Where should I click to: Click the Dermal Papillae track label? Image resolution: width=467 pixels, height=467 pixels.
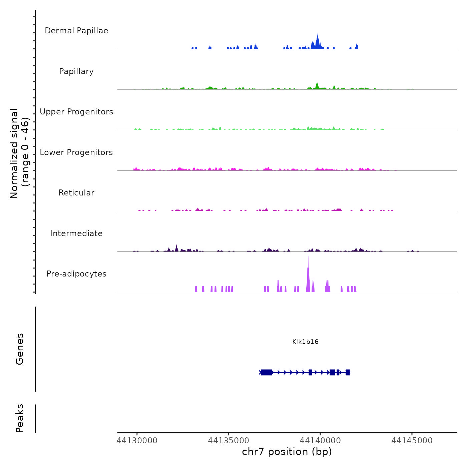click(76, 31)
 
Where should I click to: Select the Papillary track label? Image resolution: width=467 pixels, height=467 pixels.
click(76, 71)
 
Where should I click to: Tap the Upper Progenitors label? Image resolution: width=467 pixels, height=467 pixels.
click(76, 112)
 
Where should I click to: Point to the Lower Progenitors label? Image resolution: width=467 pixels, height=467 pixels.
click(76, 152)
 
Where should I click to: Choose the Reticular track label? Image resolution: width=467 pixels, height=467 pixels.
click(76, 193)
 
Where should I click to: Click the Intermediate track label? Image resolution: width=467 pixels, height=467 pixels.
click(76, 233)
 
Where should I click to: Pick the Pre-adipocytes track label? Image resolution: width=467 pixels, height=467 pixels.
click(76, 274)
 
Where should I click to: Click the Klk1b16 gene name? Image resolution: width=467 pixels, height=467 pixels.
click(305, 342)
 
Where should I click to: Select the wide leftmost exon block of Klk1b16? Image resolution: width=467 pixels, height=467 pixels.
click(267, 372)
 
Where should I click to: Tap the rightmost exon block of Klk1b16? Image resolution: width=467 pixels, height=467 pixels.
click(348, 372)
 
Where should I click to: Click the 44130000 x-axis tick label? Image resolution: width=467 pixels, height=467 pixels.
click(137, 441)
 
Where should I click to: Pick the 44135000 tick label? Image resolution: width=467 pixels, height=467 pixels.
click(228, 441)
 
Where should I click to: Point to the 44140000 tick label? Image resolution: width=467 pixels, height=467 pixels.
click(320, 441)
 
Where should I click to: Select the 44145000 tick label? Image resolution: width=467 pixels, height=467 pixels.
click(412, 441)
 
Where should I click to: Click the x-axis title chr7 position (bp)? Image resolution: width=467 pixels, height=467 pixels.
click(287, 452)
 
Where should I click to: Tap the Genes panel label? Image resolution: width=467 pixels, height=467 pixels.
click(20, 349)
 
